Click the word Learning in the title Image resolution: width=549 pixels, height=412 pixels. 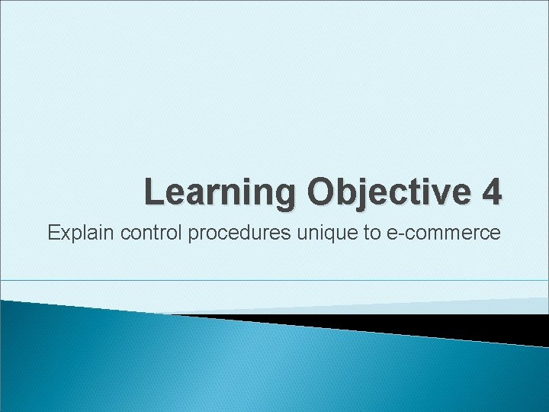click(221, 192)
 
